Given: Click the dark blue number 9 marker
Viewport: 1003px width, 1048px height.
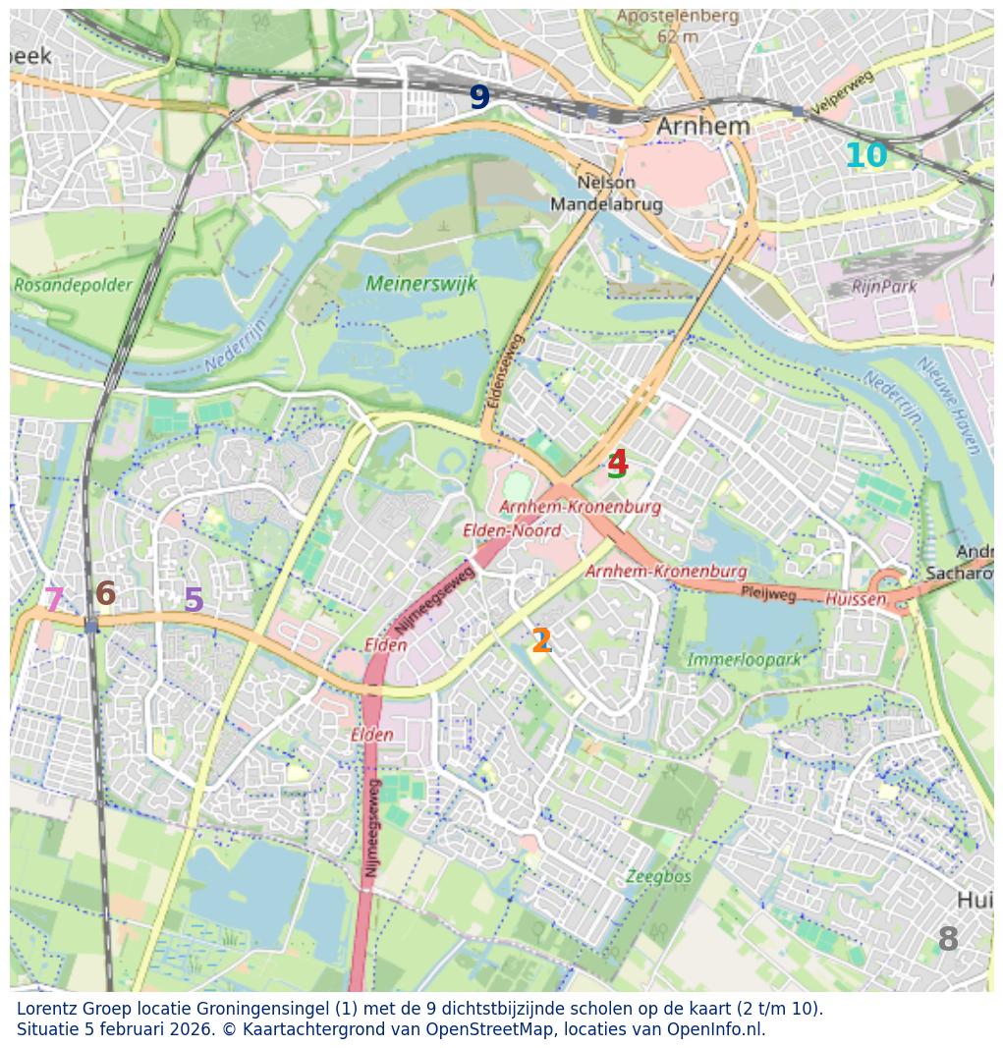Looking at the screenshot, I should (478, 97).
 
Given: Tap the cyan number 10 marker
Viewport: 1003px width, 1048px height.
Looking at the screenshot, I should (865, 155).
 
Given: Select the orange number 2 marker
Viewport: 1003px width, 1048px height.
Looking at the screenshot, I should (540, 640).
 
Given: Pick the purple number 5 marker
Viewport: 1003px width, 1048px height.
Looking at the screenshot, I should (194, 600).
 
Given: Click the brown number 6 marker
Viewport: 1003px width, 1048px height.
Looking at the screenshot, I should (105, 593).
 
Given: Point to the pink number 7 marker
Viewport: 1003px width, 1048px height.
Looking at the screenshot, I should (54, 600).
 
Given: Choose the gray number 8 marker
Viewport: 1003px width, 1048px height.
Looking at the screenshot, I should (947, 940).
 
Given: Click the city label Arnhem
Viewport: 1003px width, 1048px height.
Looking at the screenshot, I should (702, 126).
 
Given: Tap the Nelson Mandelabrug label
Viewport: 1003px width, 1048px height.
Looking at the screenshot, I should (606, 193).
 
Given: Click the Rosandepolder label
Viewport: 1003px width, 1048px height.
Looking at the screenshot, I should (73, 285).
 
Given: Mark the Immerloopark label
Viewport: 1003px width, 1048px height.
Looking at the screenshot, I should (744, 659).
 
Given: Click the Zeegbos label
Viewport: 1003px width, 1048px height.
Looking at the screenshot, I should (658, 876).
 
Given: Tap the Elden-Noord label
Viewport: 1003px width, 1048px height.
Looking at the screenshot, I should (512, 530).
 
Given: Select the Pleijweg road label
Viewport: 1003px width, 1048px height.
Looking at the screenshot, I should (768, 594).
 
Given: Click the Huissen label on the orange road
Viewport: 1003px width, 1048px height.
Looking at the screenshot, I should (855, 598).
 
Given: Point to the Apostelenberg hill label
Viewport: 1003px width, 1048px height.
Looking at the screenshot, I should (677, 17).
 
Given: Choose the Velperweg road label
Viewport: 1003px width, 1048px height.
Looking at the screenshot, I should (842, 94).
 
